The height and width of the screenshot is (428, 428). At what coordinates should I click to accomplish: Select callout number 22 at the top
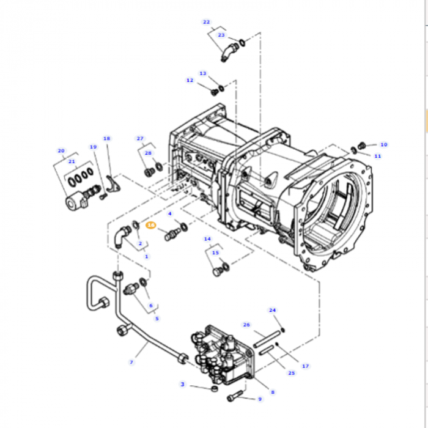point(206,22)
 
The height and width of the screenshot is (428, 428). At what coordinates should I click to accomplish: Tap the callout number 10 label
point(383,145)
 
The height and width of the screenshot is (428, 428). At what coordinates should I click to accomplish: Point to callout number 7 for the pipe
point(131,362)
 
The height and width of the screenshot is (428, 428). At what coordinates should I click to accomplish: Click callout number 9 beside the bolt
point(259,399)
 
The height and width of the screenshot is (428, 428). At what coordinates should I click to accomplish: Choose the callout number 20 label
point(61,150)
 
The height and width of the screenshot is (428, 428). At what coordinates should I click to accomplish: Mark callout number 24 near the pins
point(273,310)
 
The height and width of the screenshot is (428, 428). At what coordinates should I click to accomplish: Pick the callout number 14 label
point(207,238)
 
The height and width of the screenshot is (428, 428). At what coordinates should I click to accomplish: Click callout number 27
point(140,138)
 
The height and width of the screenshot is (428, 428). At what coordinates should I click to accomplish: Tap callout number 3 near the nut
point(182,384)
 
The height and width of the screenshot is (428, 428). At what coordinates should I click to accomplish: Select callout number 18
point(107,139)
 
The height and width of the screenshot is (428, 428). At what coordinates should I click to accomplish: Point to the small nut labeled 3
point(213,389)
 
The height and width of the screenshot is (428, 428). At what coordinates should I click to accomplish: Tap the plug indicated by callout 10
point(362,147)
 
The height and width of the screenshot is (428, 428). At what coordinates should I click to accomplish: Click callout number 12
point(190,80)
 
